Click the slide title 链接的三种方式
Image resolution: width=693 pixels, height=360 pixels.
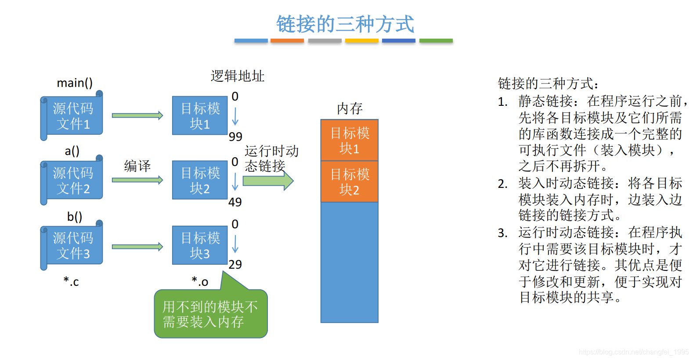pos(345,24)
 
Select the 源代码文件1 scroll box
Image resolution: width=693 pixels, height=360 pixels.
pos(72,116)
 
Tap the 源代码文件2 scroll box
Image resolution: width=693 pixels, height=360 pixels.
pos(72,180)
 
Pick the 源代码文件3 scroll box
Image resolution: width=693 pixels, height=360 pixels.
pos(72,245)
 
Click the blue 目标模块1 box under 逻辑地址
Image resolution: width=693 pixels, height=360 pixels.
pos(200,116)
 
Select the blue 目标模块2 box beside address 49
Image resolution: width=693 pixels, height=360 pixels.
pos(200,180)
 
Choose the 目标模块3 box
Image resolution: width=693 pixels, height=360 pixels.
pos(200,245)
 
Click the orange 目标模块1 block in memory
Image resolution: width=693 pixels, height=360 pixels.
pos(350,140)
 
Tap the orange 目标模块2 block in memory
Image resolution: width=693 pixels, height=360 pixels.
pos(350,182)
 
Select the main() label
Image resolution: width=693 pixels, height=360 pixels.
pos(75,83)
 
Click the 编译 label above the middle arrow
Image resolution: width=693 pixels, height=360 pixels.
pos(137,166)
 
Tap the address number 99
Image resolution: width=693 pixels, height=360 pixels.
pos(235,137)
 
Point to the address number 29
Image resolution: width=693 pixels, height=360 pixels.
pos(235,264)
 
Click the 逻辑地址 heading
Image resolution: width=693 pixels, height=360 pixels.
pos(238,76)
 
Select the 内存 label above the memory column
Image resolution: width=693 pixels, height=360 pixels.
pos(350,108)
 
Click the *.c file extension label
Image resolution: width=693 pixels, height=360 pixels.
pos(71,281)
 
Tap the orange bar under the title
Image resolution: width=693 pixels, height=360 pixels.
pos(287,41)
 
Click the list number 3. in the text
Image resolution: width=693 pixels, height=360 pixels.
pos(503,233)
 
